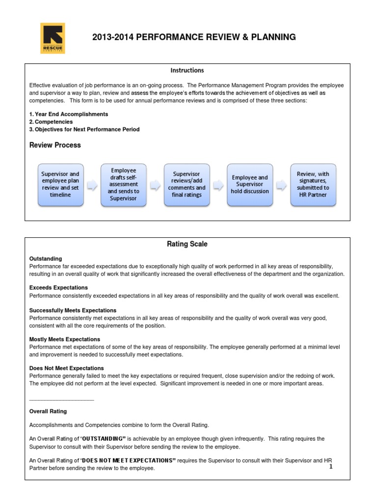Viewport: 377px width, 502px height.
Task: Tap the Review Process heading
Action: [55, 145]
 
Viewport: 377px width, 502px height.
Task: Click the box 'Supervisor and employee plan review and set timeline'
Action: [60, 184]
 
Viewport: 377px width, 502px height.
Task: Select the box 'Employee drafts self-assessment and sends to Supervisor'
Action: [123, 184]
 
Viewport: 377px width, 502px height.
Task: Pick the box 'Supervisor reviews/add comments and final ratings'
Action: [187, 184]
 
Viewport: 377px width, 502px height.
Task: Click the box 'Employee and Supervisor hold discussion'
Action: [249, 184]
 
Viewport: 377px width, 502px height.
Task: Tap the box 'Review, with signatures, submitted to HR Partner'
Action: [313, 184]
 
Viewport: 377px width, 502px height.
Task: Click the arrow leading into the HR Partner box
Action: [281, 185]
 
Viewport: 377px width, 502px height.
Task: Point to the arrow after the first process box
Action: [92, 185]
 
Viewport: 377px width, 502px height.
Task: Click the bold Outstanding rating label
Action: [46, 258]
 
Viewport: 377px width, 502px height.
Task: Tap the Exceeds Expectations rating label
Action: [58, 287]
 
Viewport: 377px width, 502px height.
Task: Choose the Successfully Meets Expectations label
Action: [73, 310]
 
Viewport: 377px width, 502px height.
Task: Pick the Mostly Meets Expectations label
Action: [64, 339]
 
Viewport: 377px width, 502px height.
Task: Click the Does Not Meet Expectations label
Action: [66, 368]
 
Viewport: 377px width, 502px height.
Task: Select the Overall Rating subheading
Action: [48, 411]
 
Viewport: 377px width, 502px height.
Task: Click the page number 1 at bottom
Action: [331, 467]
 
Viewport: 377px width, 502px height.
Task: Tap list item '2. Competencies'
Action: [51, 122]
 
